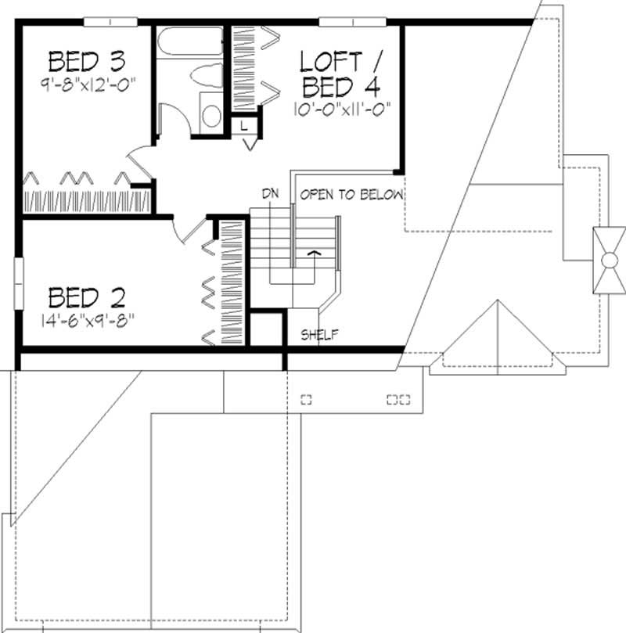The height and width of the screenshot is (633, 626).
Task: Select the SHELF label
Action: pos(319,335)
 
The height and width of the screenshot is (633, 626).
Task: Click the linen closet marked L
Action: pos(244,125)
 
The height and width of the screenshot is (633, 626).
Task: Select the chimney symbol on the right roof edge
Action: pos(608,260)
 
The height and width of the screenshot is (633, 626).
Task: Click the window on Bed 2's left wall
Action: pos(19,282)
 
